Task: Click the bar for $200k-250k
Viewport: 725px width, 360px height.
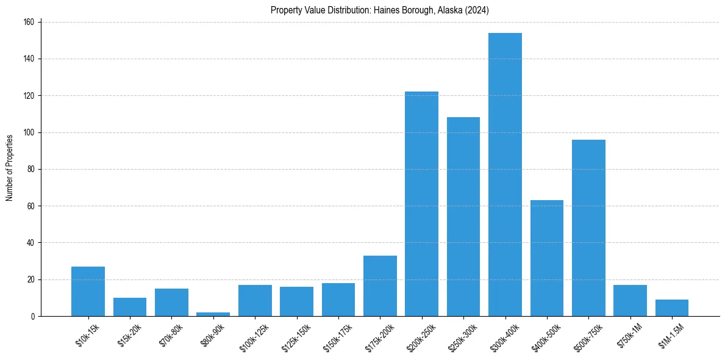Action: [x=421, y=204]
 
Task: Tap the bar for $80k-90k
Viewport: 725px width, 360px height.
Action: [x=213, y=314]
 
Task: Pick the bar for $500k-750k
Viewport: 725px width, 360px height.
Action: [x=588, y=228]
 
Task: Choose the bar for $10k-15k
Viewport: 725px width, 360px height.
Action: [x=88, y=291]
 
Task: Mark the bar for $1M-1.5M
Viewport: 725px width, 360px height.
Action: [x=672, y=308]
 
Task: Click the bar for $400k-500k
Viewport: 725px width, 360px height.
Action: [x=547, y=258]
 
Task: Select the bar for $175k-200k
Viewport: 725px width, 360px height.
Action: [x=380, y=286]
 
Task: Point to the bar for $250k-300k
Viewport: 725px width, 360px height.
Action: [x=463, y=217]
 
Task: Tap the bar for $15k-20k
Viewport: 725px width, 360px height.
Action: [x=129, y=307]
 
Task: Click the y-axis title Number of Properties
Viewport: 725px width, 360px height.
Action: [x=10, y=168]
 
